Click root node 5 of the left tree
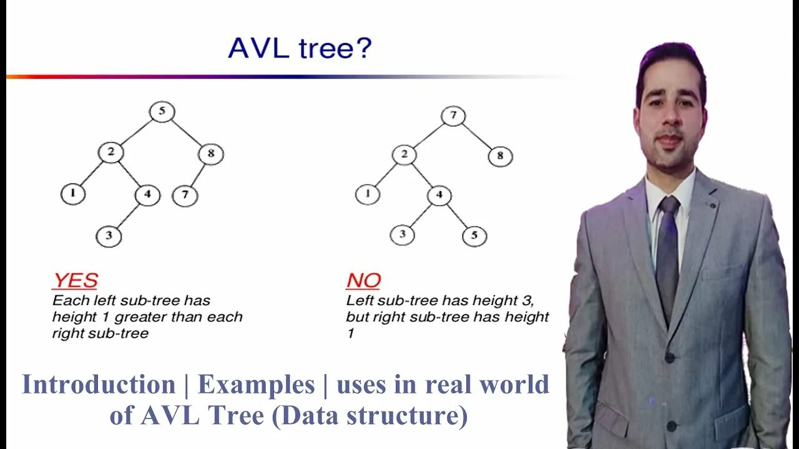pyautogui.click(x=162, y=112)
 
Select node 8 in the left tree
pyautogui.click(x=211, y=153)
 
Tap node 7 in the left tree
pyautogui.click(x=185, y=196)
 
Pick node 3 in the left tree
pyautogui.click(x=109, y=236)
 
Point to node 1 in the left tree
pyautogui.click(x=73, y=194)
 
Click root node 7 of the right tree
pyautogui.click(x=453, y=116)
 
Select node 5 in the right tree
pyautogui.click(x=474, y=236)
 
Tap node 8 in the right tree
pyautogui.click(x=500, y=157)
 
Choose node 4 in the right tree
pyautogui.click(x=439, y=195)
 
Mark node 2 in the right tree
pyautogui.click(x=404, y=155)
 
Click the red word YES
pyautogui.click(x=75, y=281)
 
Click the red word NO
pyautogui.click(x=363, y=281)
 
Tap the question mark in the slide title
pyautogui.click(x=363, y=47)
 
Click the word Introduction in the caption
pyautogui.click(x=99, y=385)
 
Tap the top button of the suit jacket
pyautogui.click(x=669, y=358)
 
